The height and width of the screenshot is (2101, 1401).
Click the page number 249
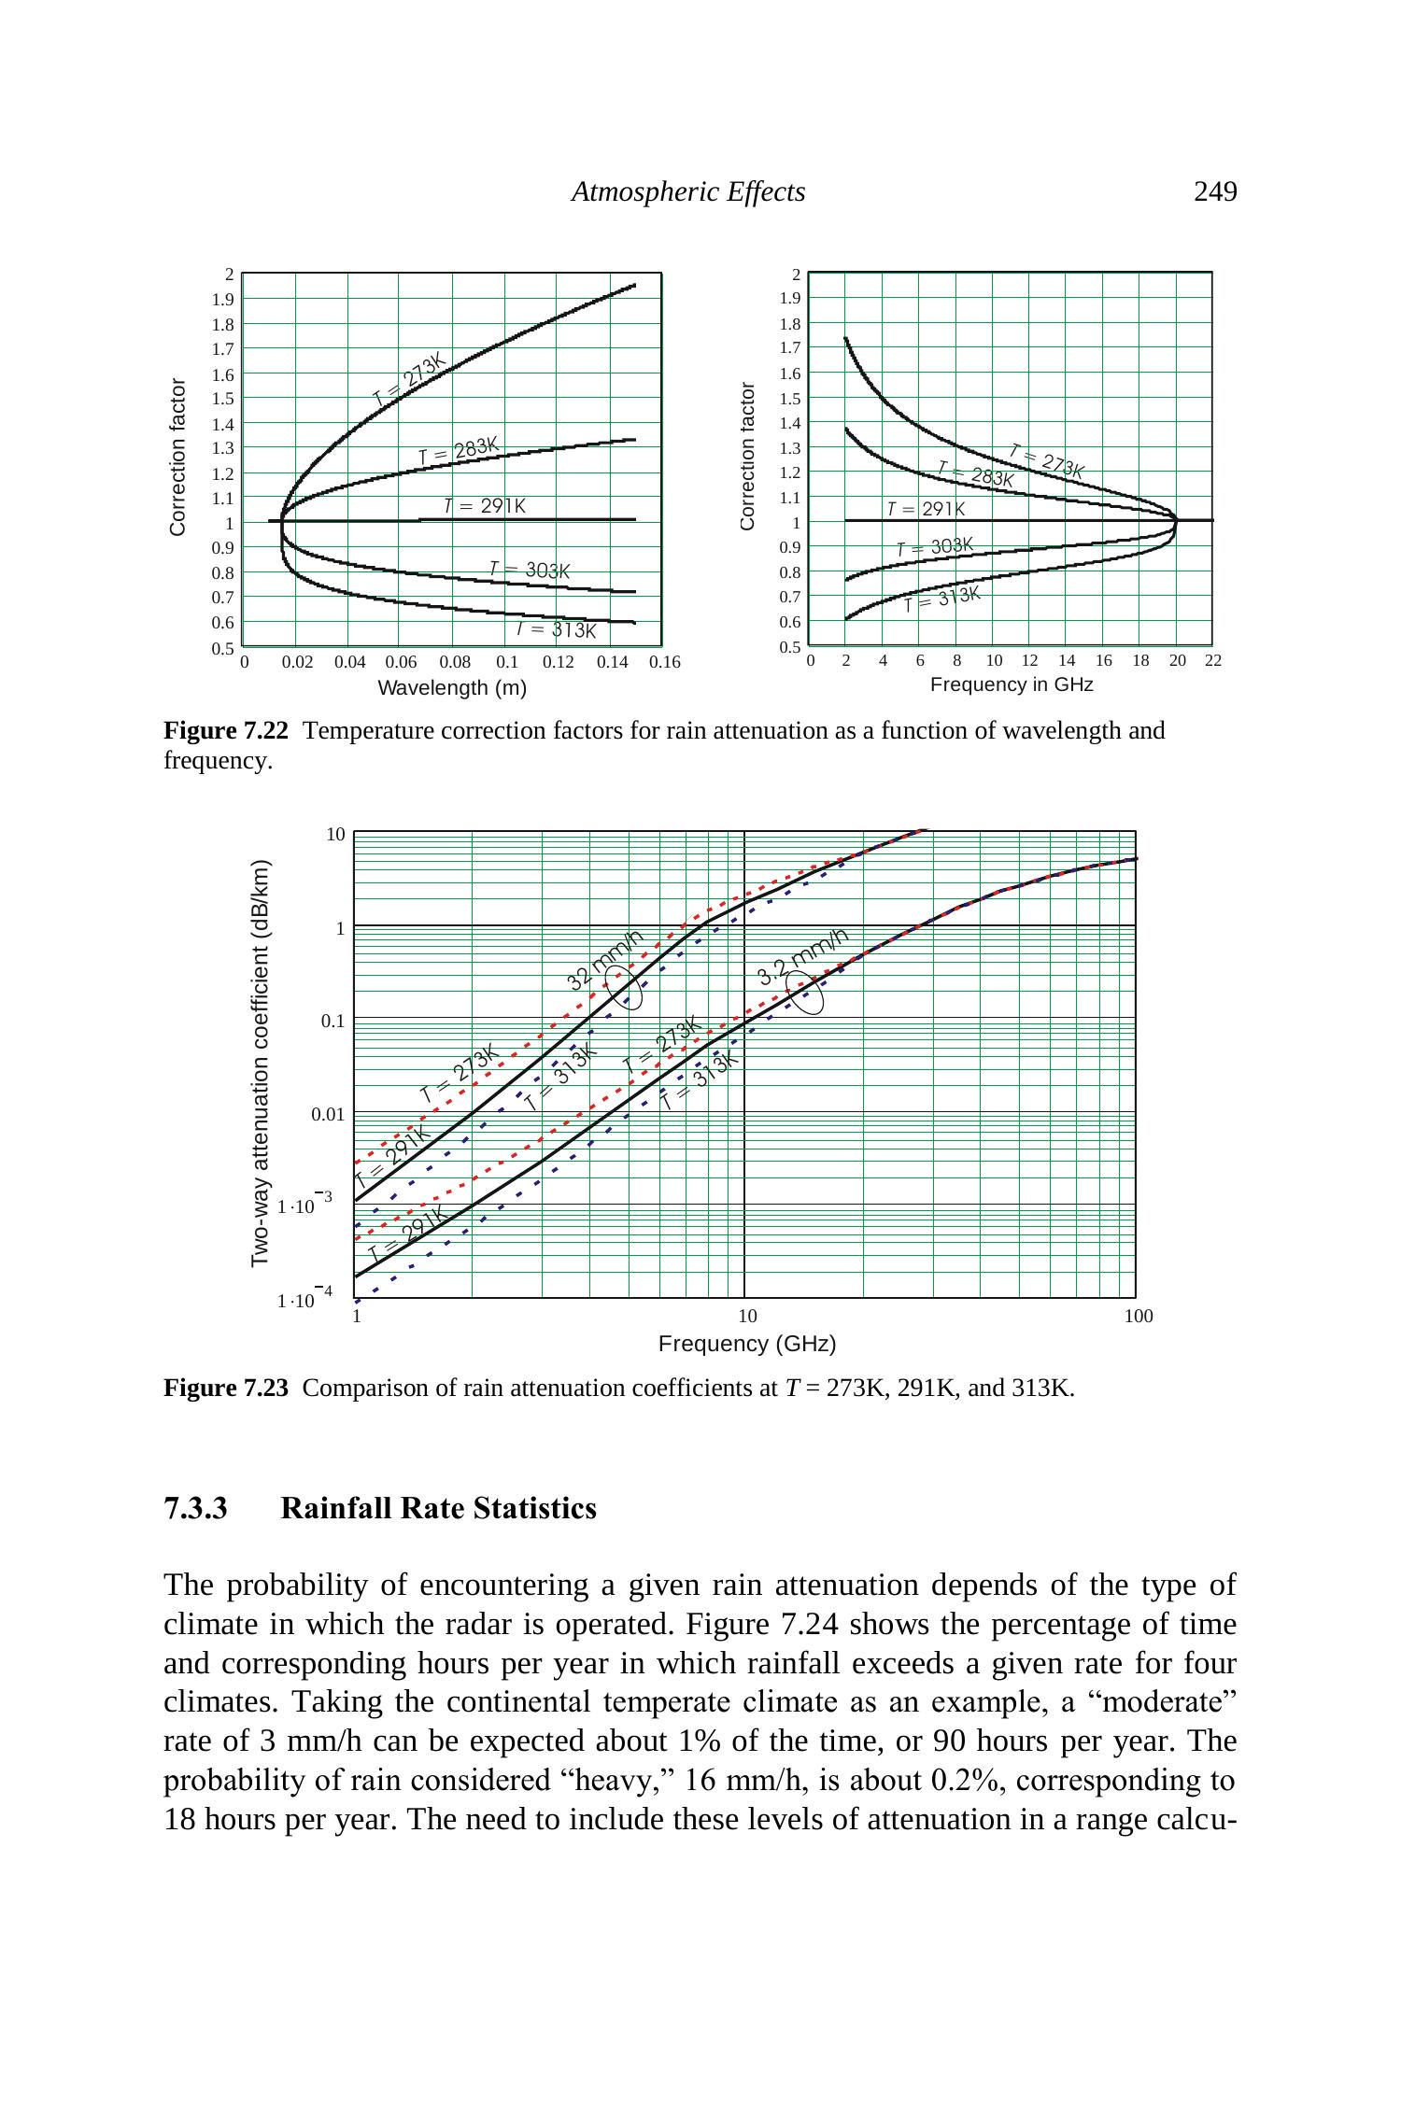[1215, 191]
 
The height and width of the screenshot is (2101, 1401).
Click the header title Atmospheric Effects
[688, 191]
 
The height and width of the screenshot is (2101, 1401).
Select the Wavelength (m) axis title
[452, 688]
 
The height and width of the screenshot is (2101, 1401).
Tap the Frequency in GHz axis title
[1012, 684]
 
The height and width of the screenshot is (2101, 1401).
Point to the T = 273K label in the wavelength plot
[410, 380]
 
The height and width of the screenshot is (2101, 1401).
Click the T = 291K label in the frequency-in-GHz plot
[926, 509]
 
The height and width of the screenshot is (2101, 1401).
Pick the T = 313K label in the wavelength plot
[557, 629]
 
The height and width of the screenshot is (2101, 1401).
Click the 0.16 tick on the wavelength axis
[665, 662]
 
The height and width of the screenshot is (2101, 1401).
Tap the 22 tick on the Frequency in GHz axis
[1212, 660]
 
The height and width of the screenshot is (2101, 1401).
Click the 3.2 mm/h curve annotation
[802, 956]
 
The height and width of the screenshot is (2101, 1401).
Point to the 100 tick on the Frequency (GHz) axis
[1138, 1317]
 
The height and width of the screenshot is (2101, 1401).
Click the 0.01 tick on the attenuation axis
[328, 1114]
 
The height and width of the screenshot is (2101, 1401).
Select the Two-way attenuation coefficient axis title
[261, 1063]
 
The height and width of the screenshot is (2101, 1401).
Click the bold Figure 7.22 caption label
[226, 730]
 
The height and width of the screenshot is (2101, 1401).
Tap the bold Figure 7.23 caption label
[226, 1388]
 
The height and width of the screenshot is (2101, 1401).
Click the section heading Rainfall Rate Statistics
[438, 1508]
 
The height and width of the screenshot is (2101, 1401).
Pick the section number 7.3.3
[195, 1508]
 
